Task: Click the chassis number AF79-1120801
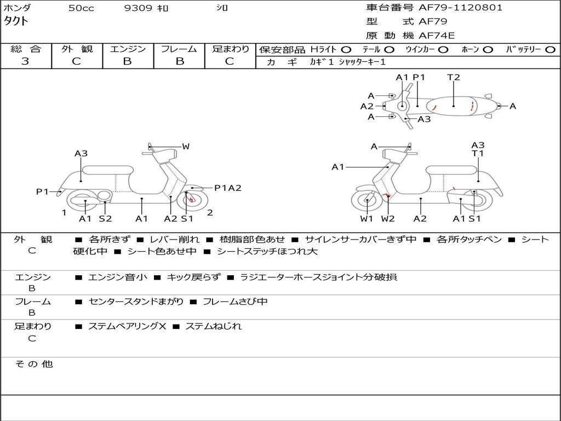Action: tap(453, 8)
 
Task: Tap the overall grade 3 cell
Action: tap(25, 61)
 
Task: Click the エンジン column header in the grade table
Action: tap(128, 49)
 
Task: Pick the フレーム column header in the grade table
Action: tap(179, 49)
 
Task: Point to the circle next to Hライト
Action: tap(346, 49)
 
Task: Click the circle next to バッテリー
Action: tap(550, 49)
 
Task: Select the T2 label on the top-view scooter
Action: tap(453, 77)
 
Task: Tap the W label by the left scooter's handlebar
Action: tap(186, 146)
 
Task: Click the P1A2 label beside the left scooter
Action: tap(227, 188)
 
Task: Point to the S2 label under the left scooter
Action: tap(105, 219)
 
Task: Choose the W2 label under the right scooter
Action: tap(388, 219)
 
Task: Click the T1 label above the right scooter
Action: tap(478, 154)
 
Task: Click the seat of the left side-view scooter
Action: tap(108, 170)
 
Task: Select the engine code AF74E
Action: tap(437, 36)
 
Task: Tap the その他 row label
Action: tap(34, 364)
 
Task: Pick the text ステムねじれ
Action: tap(213, 326)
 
